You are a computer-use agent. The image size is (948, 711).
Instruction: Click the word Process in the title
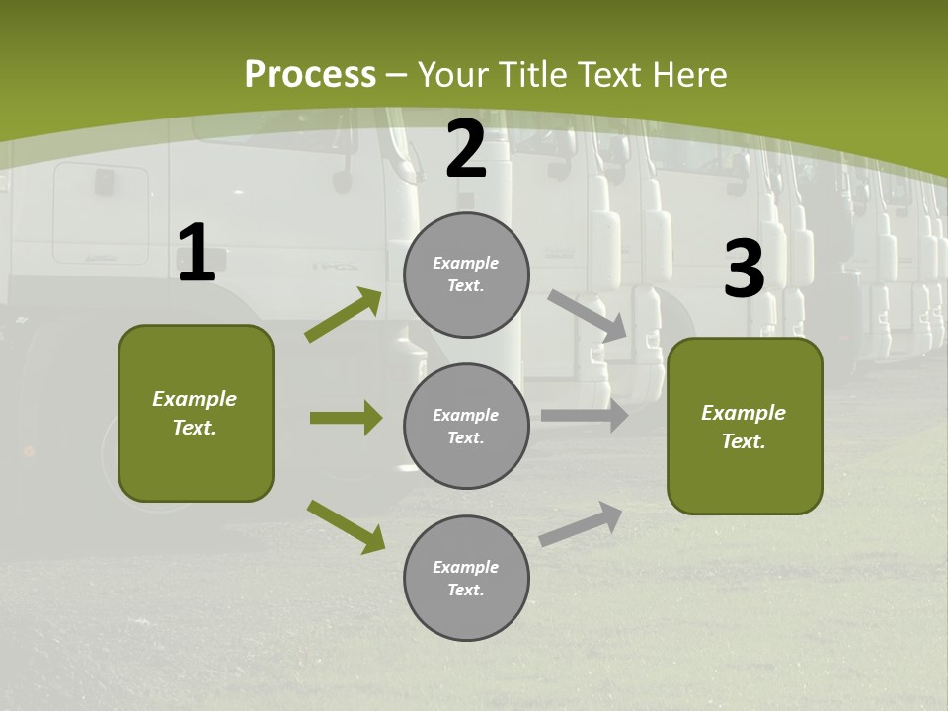(x=310, y=75)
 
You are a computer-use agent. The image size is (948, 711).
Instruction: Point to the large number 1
(x=197, y=254)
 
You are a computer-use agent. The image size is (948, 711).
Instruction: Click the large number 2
(x=466, y=150)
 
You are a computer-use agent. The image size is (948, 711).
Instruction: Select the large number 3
(x=744, y=270)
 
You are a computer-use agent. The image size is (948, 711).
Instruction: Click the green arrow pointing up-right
(x=343, y=315)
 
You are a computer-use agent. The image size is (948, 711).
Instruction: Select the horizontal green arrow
(x=346, y=418)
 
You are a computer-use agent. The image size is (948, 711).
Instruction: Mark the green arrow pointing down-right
(x=346, y=526)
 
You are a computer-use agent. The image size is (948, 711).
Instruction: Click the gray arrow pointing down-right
(x=588, y=315)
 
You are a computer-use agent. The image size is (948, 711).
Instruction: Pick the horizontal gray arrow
(x=585, y=416)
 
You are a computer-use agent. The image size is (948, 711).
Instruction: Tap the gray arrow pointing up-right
(x=581, y=523)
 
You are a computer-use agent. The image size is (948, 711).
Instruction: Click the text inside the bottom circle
(x=466, y=579)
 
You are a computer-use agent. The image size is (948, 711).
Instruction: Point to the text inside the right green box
(x=744, y=427)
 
